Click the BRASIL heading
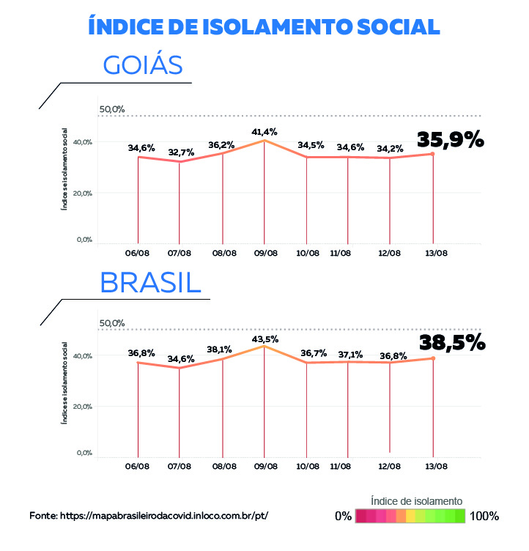(x=150, y=282)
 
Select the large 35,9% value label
(x=451, y=139)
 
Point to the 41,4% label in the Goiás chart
(x=264, y=132)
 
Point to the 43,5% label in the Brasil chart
(x=264, y=339)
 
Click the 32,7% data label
(x=181, y=152)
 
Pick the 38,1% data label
(x=221, y=349)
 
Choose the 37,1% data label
(x=349, y=355)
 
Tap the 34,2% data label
(x=389, y=148)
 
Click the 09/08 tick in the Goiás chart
(x=265, y=254)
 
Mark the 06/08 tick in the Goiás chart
(x=138, y=254)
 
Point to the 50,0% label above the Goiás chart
(x=112, y=109)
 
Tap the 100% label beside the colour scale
(x=484, y=516)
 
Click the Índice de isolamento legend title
(x=416, y=501)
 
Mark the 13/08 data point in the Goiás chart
(x=434, y=154)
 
